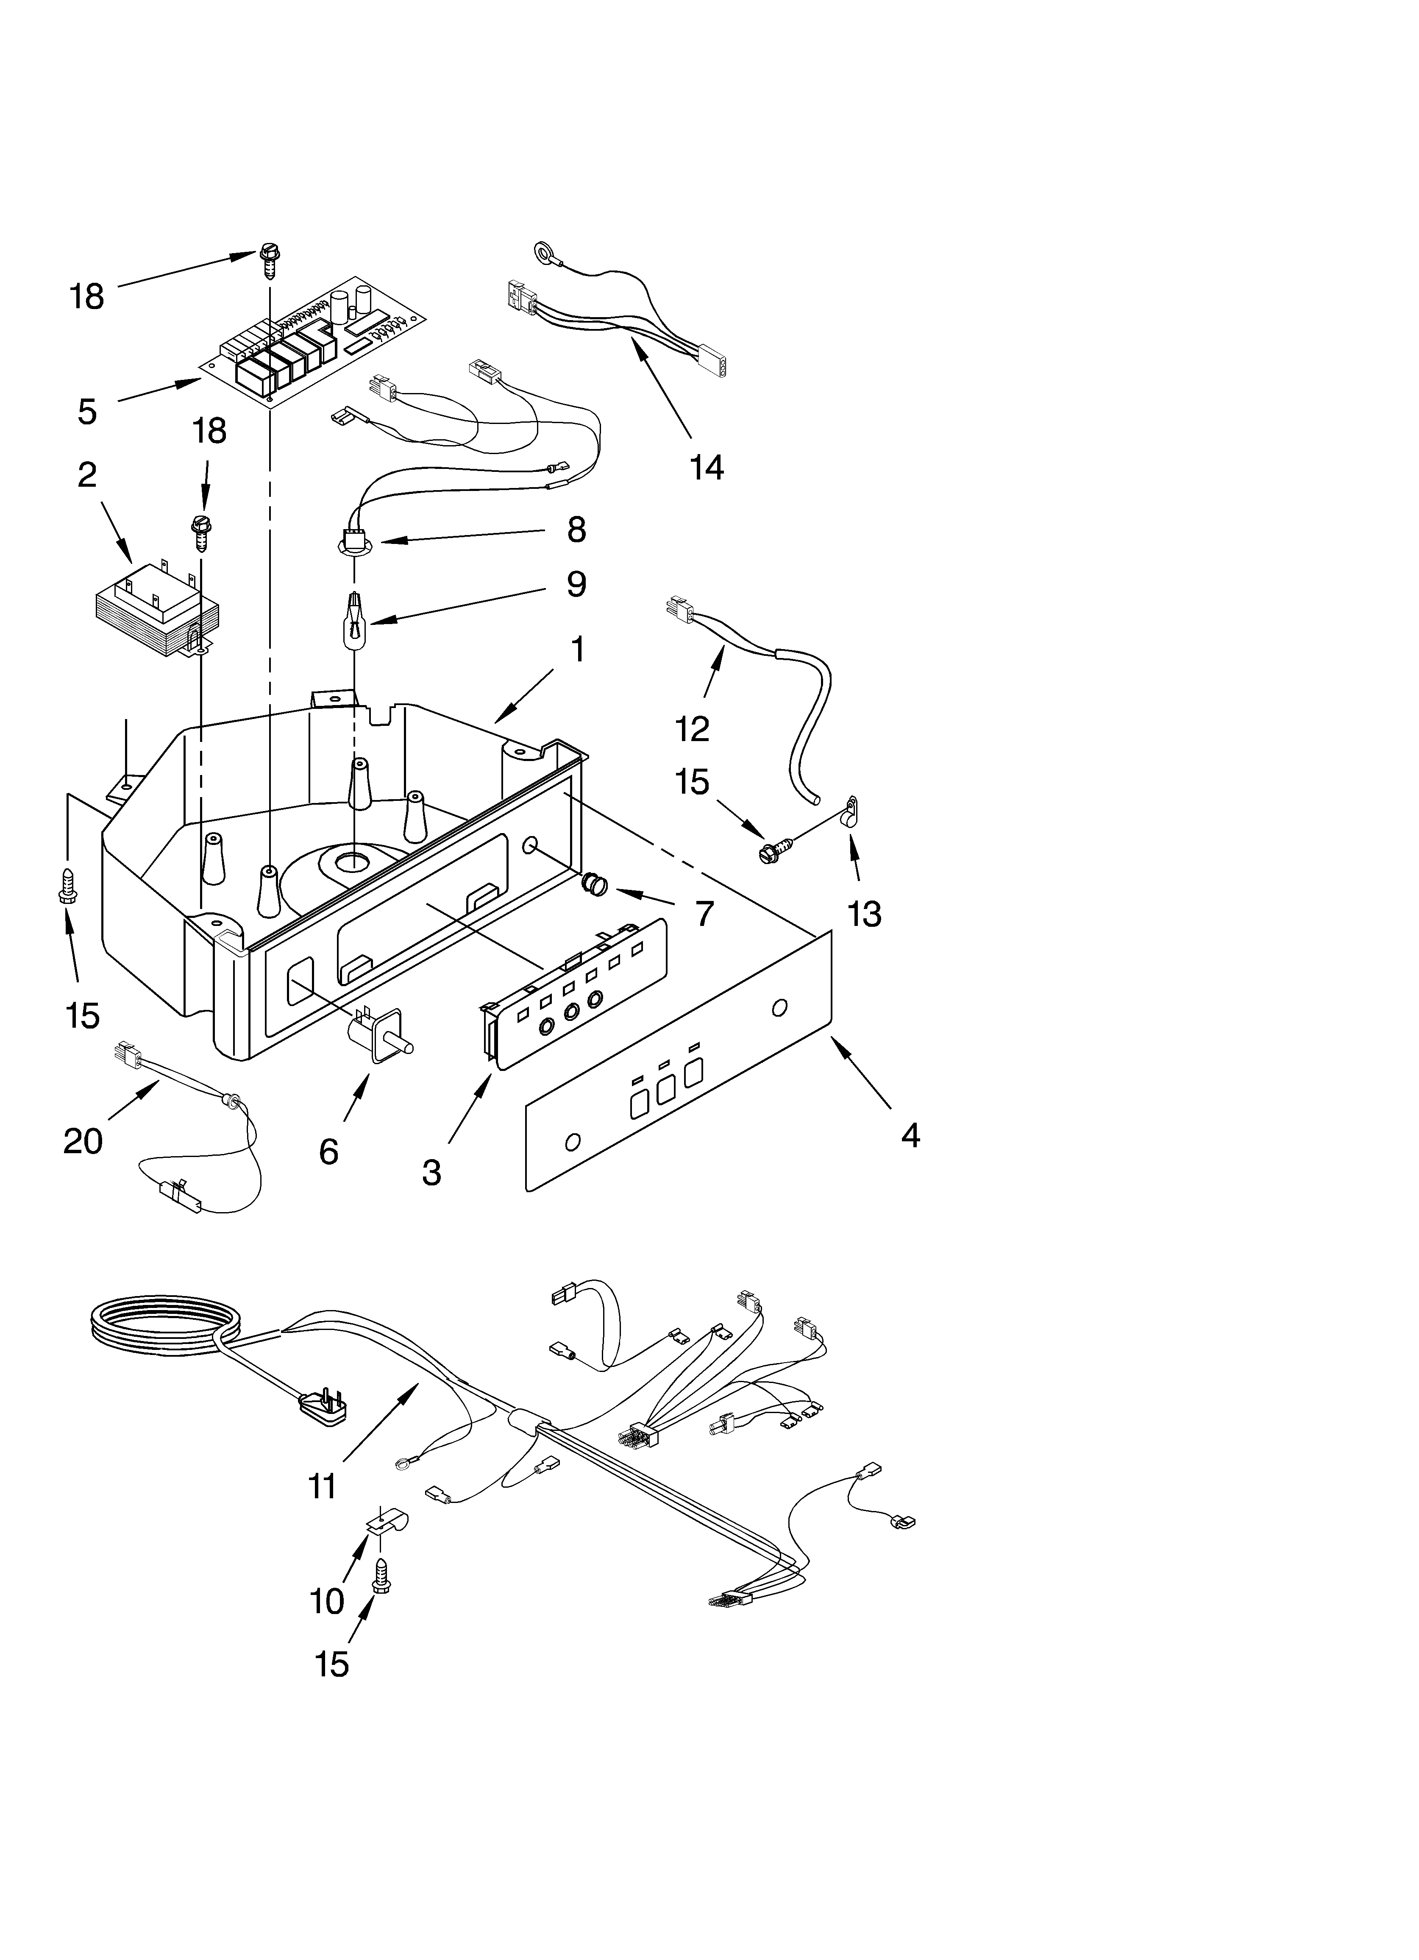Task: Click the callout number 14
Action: [x=706, y=468]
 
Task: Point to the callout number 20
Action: [x=83, y=1142]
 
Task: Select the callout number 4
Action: [x=910, y=1135]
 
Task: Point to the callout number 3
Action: [x=431, y=1173]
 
